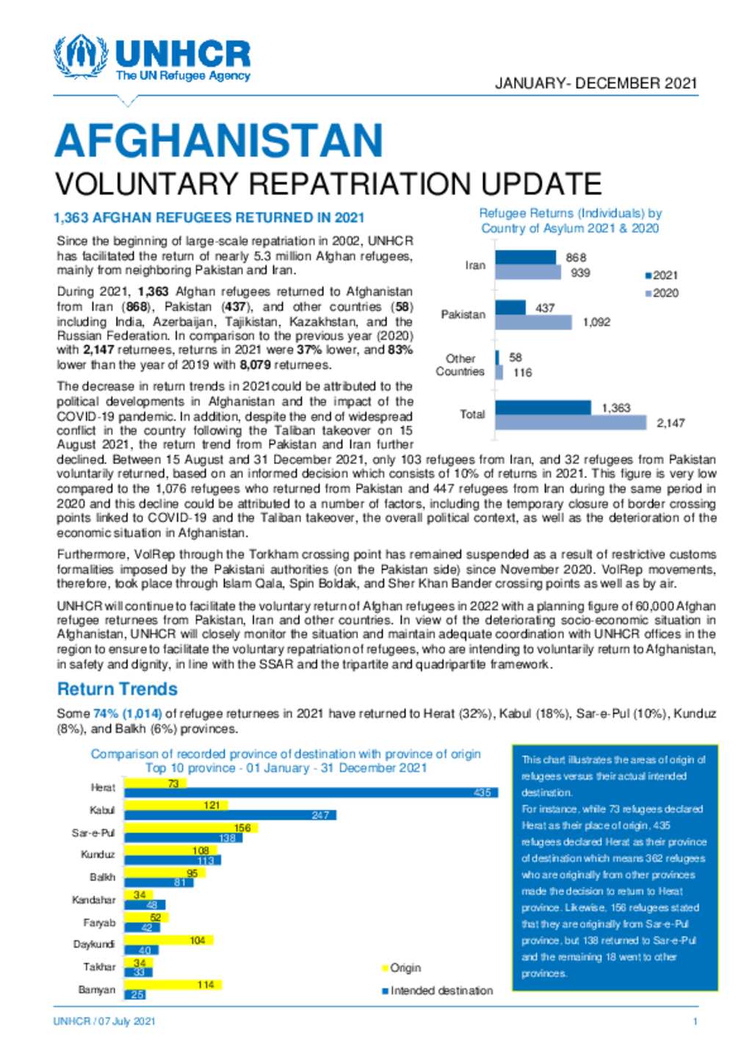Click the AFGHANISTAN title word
219,140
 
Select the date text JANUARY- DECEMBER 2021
596,84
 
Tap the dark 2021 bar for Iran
525,258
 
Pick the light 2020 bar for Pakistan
533,322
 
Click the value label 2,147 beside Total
670,423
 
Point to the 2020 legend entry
662,293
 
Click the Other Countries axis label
460,365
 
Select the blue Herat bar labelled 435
311,792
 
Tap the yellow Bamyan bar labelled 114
173,985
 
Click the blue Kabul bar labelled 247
231,815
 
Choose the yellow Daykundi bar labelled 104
169,940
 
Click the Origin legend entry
402,968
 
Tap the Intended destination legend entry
438,991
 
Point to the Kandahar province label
93,900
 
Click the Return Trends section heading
117,689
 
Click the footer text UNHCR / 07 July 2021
104,1021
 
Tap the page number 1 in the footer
695,1021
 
